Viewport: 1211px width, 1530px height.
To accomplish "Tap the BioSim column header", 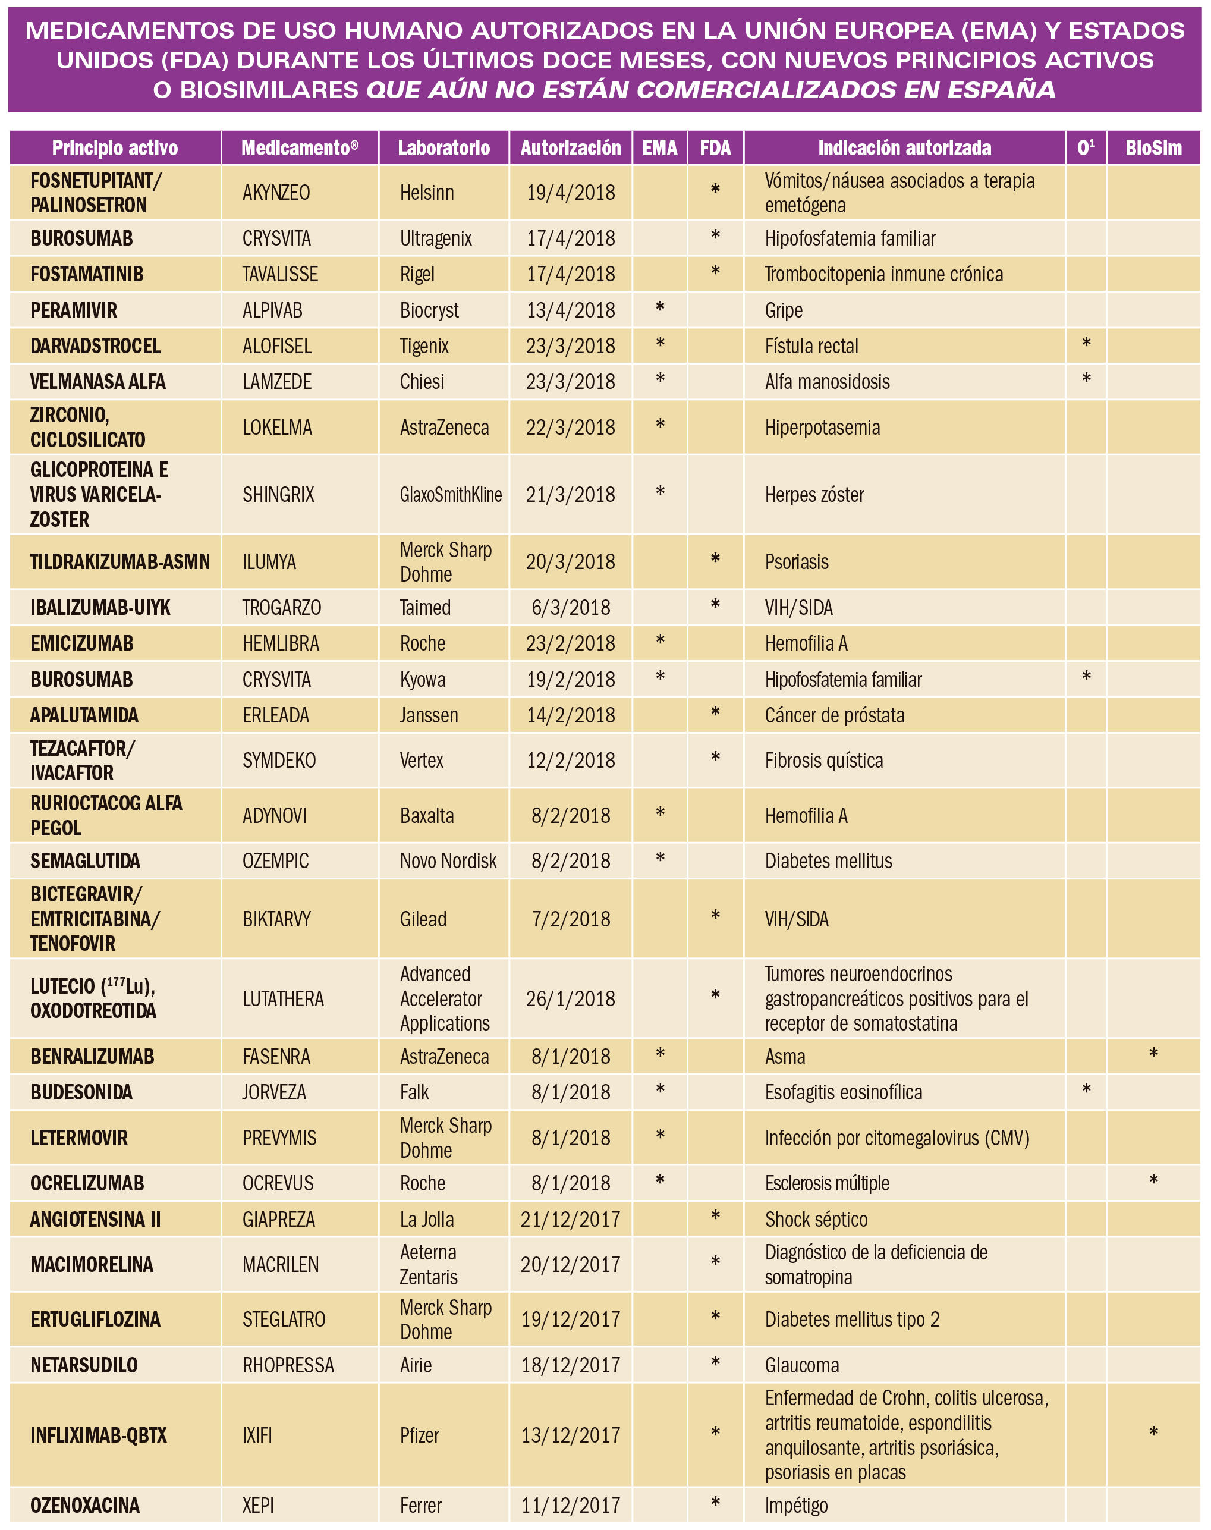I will point(1153,147).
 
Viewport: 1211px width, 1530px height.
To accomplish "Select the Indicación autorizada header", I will point(904,147).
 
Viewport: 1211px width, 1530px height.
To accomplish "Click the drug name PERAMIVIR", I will point(74,310).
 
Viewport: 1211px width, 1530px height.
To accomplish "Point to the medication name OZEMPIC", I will point(275,860).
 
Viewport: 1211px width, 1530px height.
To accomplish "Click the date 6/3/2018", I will point(570,608).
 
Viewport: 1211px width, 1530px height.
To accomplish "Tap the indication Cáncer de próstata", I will point(834,715).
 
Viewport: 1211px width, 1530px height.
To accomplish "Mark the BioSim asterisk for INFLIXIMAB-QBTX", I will point(1153,1432).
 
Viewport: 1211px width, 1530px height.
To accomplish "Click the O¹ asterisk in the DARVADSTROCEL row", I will point(1086,344).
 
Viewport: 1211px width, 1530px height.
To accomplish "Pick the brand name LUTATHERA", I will point(283,998).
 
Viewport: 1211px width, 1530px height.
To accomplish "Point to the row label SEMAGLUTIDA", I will point(85,860).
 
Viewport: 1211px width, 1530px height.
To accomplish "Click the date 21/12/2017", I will point(570,1219).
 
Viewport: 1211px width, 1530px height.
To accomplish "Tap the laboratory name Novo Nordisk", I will point(448,860).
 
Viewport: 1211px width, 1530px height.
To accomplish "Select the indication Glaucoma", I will point(801,1365).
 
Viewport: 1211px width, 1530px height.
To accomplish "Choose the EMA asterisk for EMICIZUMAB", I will point(660,641).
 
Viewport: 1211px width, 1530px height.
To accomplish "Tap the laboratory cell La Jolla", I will point(427,1219).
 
